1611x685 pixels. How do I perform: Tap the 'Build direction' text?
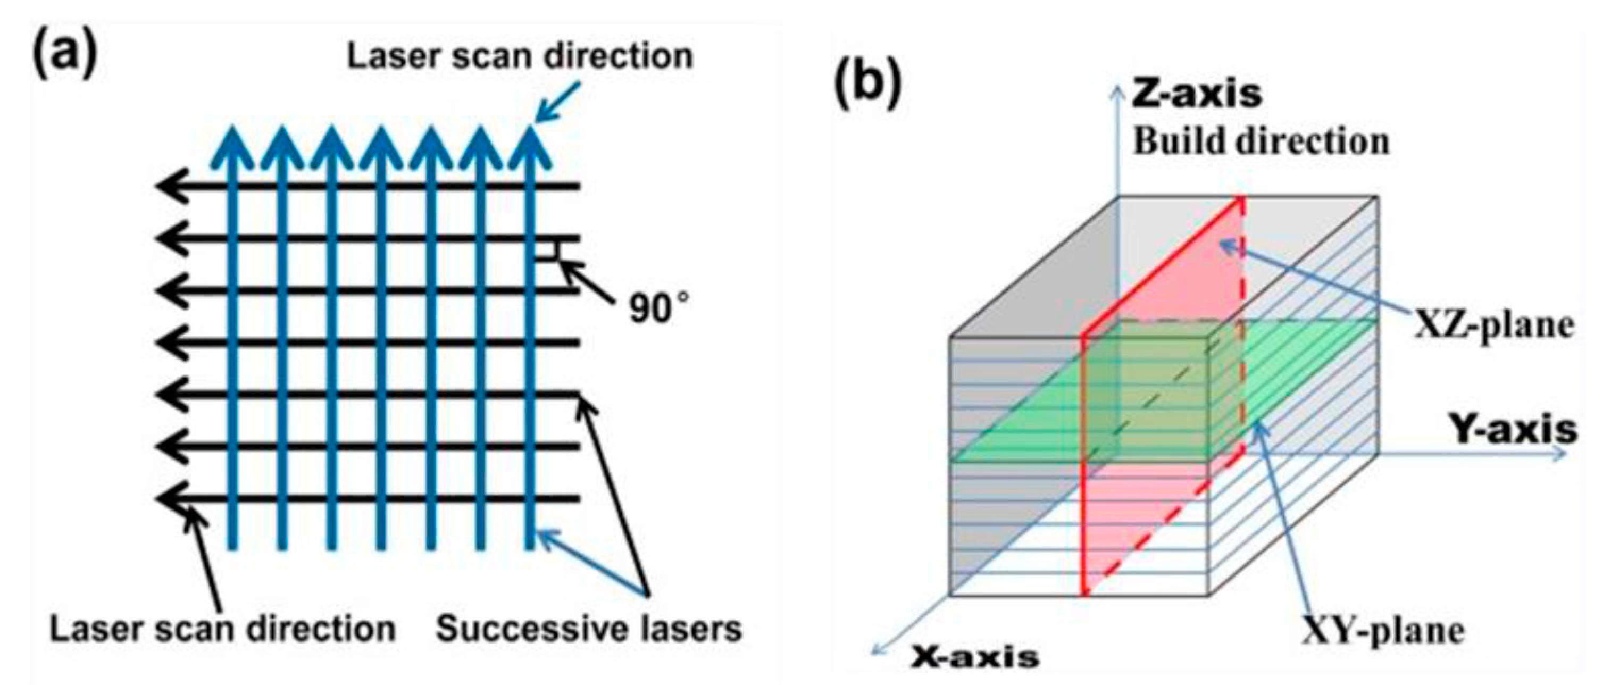[1262, 141]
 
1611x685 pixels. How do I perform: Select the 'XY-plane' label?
[1383, 631]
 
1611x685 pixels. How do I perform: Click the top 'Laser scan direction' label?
[520, 56]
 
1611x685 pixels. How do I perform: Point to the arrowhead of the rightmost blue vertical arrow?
[530, 145]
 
